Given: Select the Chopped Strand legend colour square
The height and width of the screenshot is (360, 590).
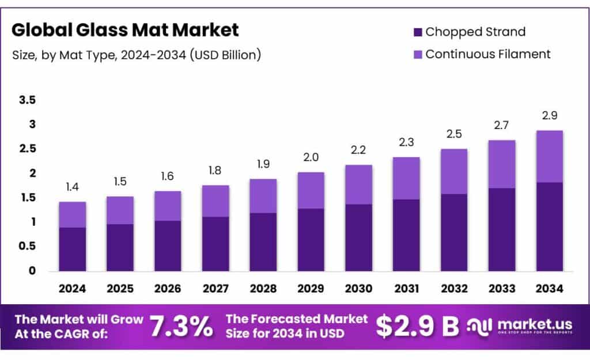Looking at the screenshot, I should click(x=418, y=32).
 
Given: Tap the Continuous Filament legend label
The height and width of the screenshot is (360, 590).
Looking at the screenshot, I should click(x=487, y=54).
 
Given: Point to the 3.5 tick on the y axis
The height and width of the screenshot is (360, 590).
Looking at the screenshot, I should click(x=28, y=100).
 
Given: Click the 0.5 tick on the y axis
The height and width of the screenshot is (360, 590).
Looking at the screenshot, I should click(x=28, y=246).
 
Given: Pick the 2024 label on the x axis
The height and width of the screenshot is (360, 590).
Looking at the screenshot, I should click(x=73, y=287).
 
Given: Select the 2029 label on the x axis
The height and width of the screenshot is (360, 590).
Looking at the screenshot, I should click(x=311, y=287).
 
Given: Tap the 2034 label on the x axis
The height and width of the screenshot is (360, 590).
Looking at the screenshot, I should click(x=549, y=287).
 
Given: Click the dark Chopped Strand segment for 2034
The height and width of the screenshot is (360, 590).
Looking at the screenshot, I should click(x=549, y=226).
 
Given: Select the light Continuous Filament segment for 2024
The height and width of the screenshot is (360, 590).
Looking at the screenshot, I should click(x=73, y=215).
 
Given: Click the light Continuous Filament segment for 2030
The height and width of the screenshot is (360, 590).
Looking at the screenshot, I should click(x=358, y=184).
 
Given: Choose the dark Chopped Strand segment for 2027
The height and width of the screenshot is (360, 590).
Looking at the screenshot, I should click(x=215, y=244).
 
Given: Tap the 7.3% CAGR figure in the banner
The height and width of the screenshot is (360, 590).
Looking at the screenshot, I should click(x=181, y=327).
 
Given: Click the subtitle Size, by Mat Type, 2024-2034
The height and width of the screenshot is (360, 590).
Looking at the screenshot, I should click(x=137, y=55).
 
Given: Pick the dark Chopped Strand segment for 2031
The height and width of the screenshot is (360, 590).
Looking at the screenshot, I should click(x=406, y=235).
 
